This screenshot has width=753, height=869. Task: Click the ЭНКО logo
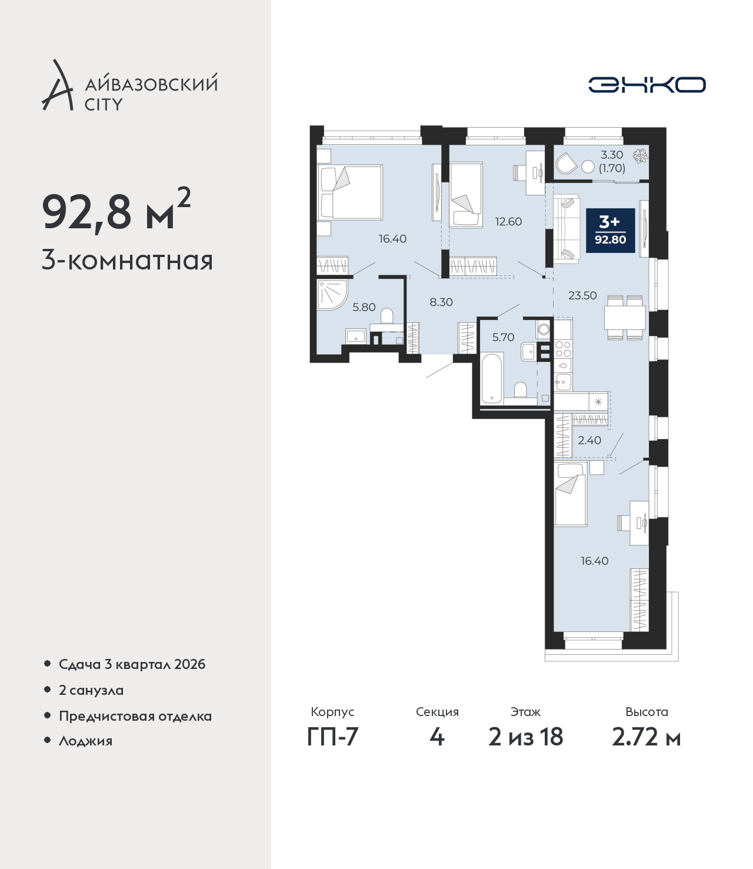(647, 85)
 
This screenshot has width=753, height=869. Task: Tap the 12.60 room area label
(508, 222)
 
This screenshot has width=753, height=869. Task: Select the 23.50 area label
(582, 295)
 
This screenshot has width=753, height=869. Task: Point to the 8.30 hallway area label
(441, 302)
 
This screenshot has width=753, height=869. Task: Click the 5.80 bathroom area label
(364, 307)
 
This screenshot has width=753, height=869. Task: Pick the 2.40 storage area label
(589, 440)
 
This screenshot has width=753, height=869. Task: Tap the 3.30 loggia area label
(612, 155)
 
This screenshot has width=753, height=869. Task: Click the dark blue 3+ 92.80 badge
(610, 231)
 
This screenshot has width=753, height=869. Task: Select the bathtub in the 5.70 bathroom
(491, 379)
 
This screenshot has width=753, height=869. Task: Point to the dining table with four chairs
(625, 317)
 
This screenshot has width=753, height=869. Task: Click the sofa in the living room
(566, 228)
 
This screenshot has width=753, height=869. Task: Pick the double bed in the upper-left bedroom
(350, 192)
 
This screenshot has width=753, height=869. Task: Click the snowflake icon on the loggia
(640, 156)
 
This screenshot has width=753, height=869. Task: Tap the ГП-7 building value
(332, 737)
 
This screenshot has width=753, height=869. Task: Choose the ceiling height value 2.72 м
(646, 737)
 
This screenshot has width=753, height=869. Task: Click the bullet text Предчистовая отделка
(135, 716)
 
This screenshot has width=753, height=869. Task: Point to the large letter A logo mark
(58, 85)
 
